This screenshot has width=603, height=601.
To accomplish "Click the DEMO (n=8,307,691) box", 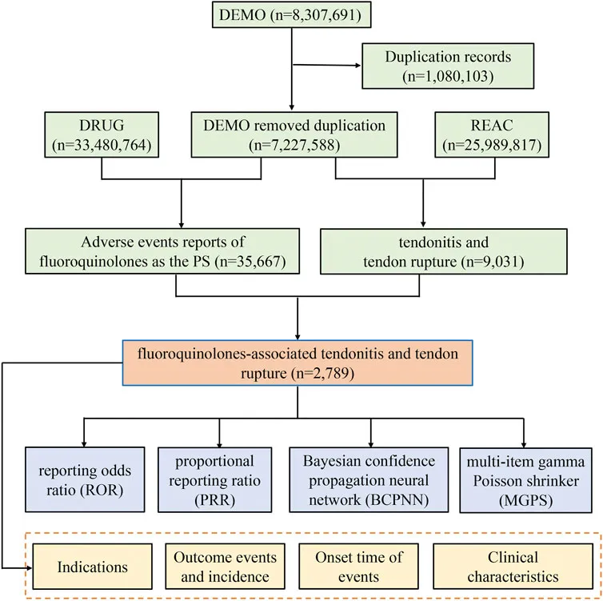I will (x=290, y=14).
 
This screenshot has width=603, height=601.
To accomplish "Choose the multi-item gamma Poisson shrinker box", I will (x=524, y=471).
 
